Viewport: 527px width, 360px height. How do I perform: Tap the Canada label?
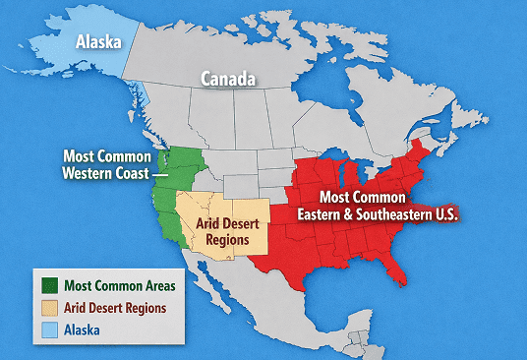click(228, 78)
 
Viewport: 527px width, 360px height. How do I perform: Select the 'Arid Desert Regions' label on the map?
click(221, 232)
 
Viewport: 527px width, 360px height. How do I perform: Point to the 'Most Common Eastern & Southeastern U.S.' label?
click(380, 204)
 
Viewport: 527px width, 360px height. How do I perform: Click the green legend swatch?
click(48, 286)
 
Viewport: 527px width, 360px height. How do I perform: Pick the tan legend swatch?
click(48, 308)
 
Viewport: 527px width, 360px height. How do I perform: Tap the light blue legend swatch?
click(48, 330)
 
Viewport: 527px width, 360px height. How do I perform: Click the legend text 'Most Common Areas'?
click(120, 286)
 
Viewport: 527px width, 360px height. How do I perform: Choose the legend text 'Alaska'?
click(86, 330)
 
